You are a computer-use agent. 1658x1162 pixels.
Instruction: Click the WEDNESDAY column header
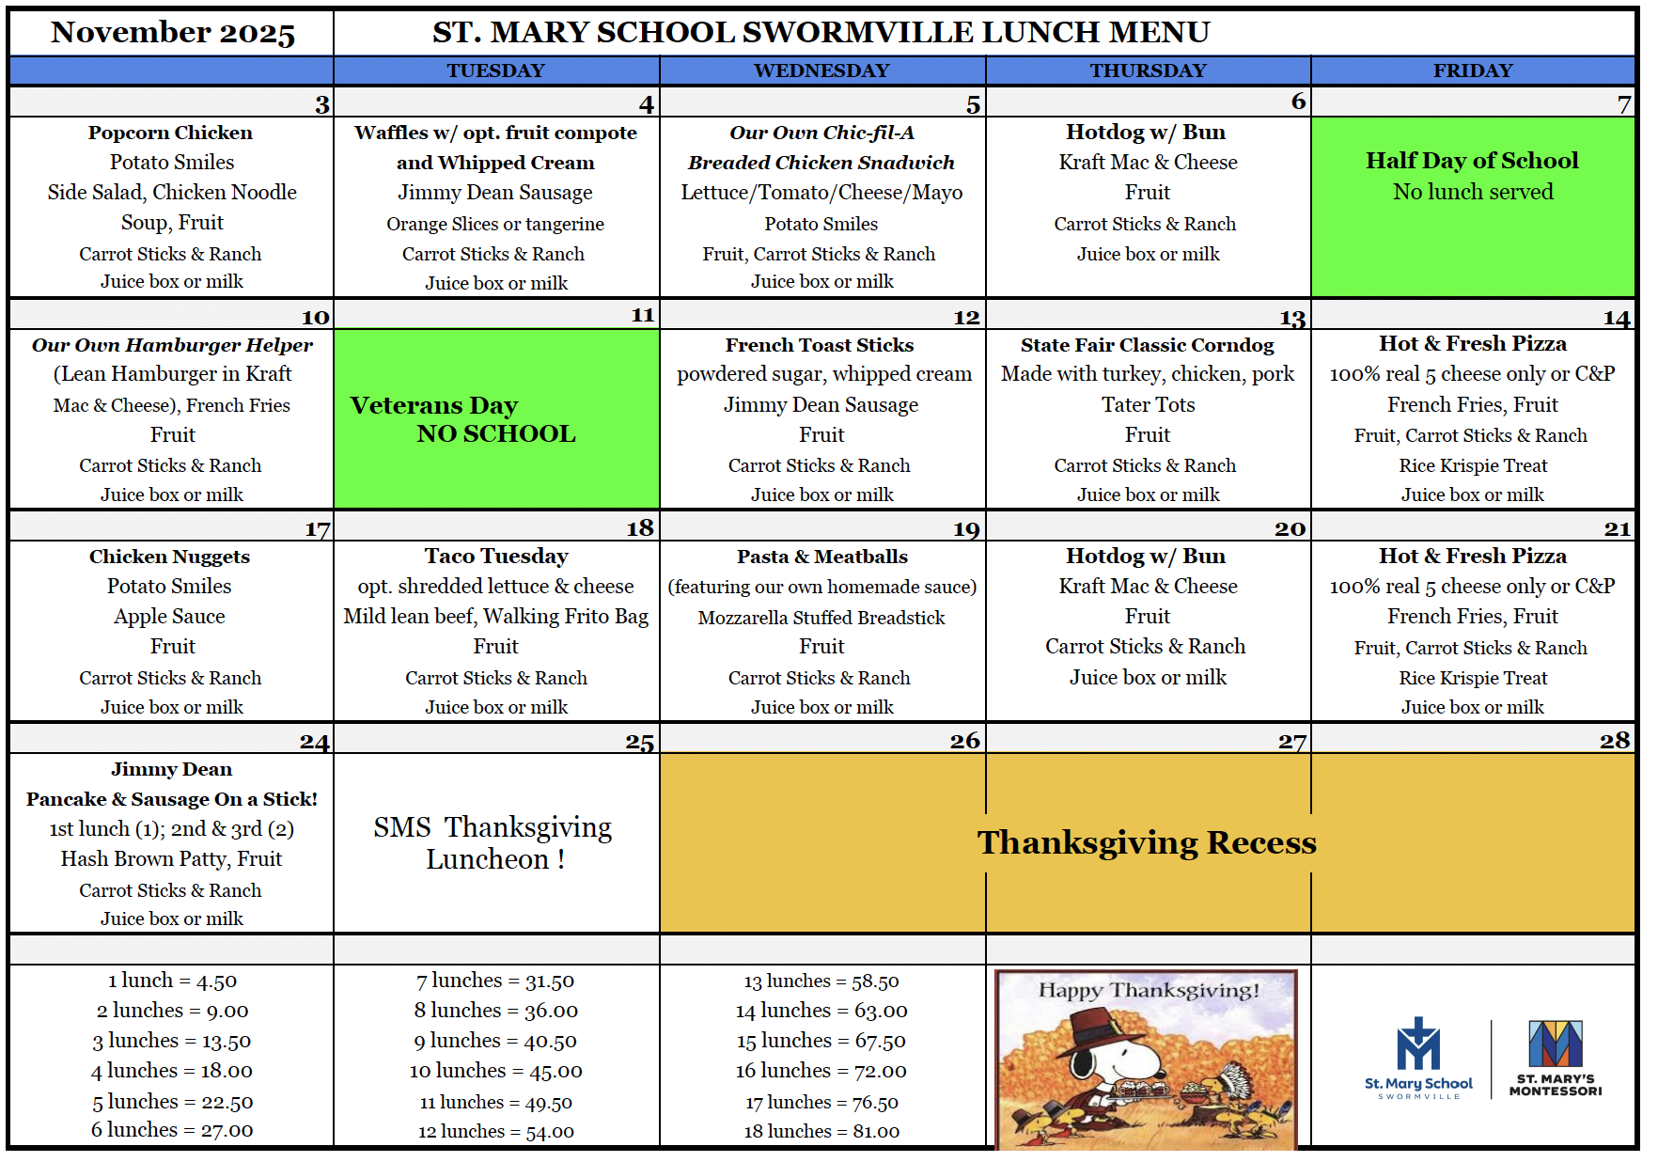821,71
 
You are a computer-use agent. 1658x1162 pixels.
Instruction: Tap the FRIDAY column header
1472,71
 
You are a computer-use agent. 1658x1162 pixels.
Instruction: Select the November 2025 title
173,33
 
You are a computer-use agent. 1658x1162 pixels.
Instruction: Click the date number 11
643,315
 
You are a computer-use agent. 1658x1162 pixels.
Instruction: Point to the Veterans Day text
434,405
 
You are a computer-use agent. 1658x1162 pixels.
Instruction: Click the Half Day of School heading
1472,161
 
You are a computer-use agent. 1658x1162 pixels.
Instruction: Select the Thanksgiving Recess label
1147,842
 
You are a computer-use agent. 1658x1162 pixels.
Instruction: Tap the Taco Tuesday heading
496,557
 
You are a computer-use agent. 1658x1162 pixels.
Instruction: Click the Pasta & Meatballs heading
822,557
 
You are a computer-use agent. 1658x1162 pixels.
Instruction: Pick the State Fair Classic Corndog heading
1147,345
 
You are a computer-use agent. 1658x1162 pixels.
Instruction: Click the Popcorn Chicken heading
171,133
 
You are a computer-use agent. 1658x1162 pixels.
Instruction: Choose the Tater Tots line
1148,405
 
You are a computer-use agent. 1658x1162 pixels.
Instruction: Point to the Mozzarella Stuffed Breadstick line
821,618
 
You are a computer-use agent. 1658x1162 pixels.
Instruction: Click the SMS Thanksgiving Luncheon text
493,842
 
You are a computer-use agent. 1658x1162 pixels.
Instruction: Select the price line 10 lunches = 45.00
495,1071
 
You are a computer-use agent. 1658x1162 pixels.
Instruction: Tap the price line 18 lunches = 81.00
821,1131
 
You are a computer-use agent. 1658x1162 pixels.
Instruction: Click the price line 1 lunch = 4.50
172,981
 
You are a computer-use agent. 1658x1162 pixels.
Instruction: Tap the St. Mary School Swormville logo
1418,1059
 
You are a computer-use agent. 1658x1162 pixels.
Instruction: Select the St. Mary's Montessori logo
1556,1059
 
